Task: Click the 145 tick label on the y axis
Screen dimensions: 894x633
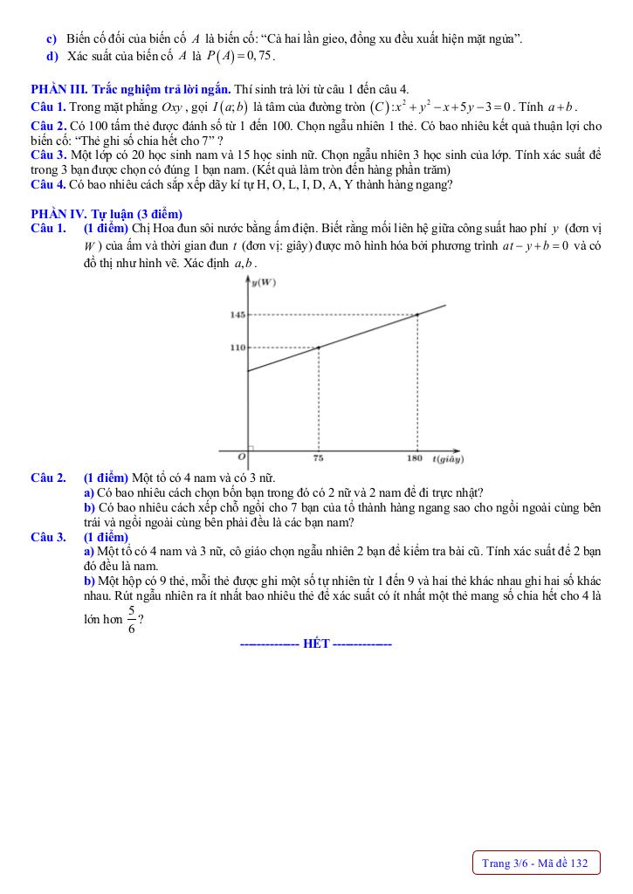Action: tap(237, 314)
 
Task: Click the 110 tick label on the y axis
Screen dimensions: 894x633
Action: tap(237, 347)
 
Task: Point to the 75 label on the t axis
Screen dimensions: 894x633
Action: tap(318, 457)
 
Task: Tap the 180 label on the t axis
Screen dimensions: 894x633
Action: tap(416, 457)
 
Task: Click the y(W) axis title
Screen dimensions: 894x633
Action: tap(263, 282)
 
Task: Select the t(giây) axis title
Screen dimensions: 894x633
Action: tap(447, 457)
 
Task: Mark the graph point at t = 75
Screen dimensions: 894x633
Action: tap(318, 347)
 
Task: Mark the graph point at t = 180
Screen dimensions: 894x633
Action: tap(416, 314)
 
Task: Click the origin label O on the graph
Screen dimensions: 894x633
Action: tap(242, 456)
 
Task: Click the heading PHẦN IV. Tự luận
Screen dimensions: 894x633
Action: tap(106, 214)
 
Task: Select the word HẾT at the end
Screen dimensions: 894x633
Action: tap(315, 644)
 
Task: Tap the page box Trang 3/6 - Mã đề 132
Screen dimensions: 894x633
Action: tap(535, 863)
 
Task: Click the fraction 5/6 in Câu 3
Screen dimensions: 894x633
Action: tap(131, 620)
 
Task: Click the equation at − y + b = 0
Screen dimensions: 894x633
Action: tap(535, 246)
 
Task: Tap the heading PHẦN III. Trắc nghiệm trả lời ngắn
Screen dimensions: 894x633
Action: tap(130, 89)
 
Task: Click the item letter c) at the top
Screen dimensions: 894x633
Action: tap(51, 39)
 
